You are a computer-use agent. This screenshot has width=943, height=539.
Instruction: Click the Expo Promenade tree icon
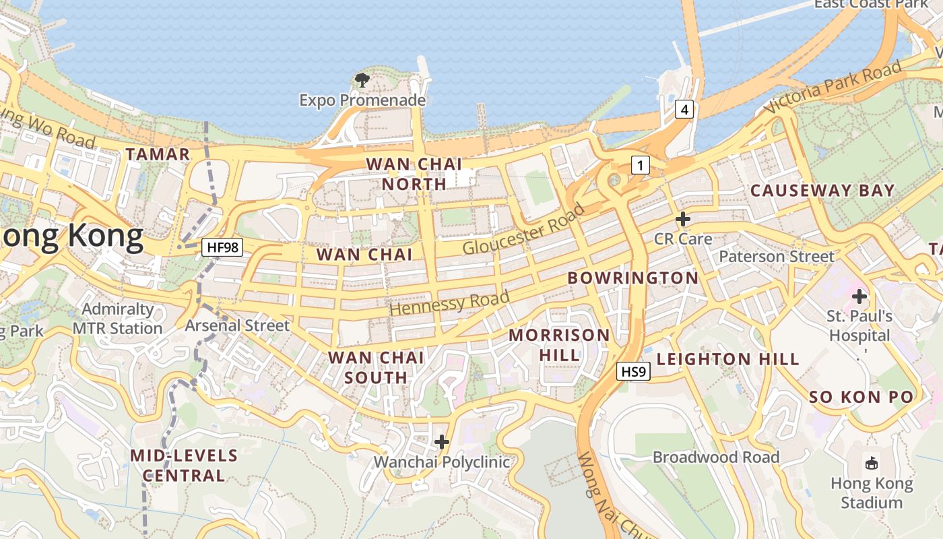(362, 81)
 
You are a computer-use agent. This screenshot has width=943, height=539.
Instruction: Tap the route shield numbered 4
(684, 109)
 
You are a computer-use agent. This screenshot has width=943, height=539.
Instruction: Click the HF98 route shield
(222, 247)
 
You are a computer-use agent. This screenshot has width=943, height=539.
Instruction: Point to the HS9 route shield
(633, 371)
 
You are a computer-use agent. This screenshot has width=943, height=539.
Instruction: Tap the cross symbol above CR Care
(683, 219)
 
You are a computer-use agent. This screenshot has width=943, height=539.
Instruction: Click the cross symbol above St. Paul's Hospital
(859, 296)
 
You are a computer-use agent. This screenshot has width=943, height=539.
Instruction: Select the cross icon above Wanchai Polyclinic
(442, 442)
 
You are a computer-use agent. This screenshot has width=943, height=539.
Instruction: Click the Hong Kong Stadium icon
(872, 463)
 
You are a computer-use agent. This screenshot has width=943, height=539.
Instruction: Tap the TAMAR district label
(158, 154)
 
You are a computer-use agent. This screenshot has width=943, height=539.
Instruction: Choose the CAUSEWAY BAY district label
(822, 191)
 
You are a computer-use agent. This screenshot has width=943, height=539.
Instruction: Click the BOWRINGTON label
(632, 278)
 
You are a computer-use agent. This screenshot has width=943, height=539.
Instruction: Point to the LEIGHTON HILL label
(727, 359)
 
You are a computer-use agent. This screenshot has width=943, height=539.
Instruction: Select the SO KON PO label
(861, 397)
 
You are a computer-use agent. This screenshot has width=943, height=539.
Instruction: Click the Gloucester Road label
(523, 229)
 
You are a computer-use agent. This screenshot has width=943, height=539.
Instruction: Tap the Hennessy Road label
(449, 303)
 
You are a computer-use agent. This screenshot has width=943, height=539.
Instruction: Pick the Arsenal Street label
(237, 325)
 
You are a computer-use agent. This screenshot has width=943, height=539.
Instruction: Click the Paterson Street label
(777, 257)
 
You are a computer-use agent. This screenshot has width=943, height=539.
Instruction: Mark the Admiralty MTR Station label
(118, 319)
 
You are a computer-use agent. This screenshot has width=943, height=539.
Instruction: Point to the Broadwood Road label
(716, 457)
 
